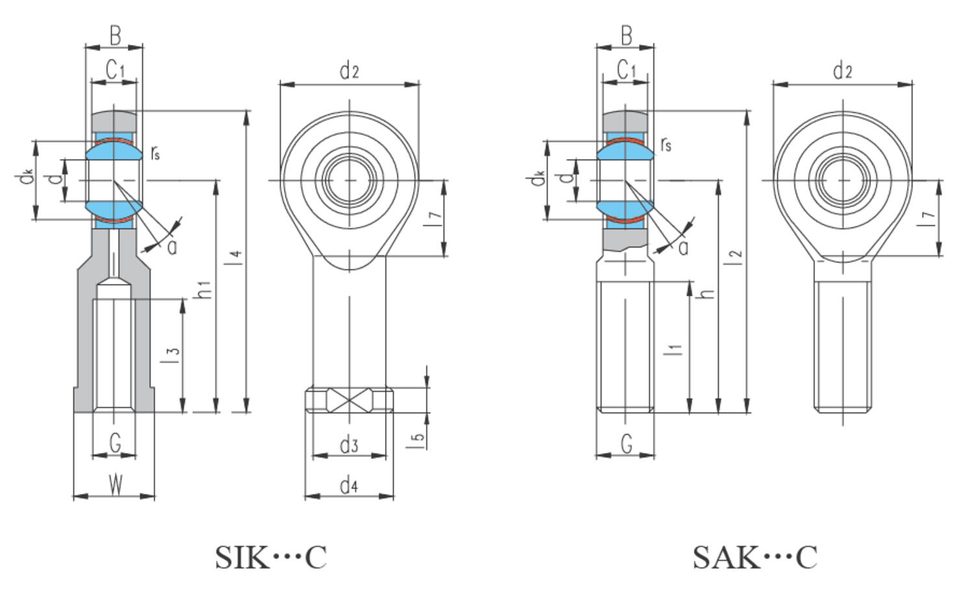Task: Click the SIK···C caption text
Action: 271,558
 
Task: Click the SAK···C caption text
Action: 755,558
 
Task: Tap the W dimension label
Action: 115,485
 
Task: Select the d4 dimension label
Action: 349,485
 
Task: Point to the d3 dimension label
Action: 349,445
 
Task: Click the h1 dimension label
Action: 204,290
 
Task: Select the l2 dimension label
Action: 735,258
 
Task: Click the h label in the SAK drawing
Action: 708,292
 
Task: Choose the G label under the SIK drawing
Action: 115,444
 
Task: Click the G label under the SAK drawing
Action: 626,444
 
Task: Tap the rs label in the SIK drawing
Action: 155,153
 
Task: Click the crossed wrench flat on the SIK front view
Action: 349,400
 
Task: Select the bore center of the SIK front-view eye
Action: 350,180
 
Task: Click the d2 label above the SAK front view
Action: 842,70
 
